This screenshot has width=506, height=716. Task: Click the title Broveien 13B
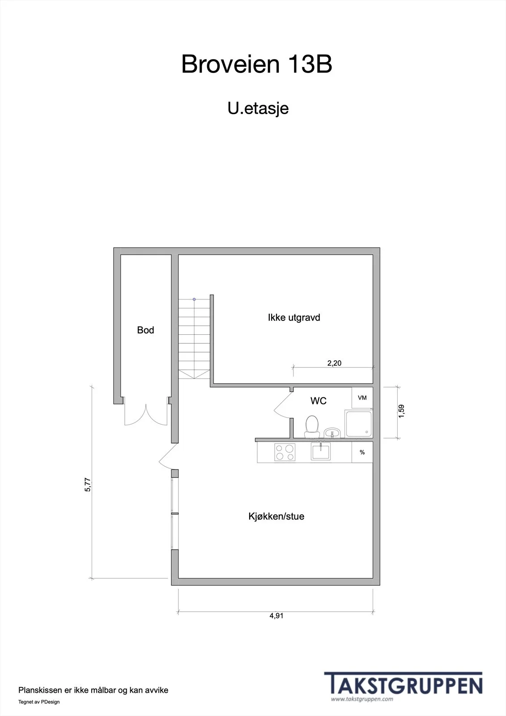(257, 64)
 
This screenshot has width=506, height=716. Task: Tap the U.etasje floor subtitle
(258, 108)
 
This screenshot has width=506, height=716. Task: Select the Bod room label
(145, 330)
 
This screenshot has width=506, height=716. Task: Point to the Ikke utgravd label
(294, 317)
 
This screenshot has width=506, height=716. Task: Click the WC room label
(319, 401)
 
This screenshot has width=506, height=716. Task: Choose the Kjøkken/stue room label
(276, 516)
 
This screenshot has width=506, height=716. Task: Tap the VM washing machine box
(362, 398)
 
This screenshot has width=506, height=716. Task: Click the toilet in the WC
(312, 427)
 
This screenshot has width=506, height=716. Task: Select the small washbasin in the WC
(332, 433)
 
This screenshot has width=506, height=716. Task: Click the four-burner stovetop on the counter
(285, 452)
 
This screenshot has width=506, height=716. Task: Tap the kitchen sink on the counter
(321, 452)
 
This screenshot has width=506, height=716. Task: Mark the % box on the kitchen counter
(362, 452)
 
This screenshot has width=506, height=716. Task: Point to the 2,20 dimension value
(334, 363)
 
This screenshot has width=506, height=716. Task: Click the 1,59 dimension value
(401, 411)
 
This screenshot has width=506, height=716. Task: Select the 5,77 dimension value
(88, 485)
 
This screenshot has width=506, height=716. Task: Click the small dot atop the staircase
(194, 299)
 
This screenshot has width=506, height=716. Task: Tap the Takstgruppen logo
(404, 687)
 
